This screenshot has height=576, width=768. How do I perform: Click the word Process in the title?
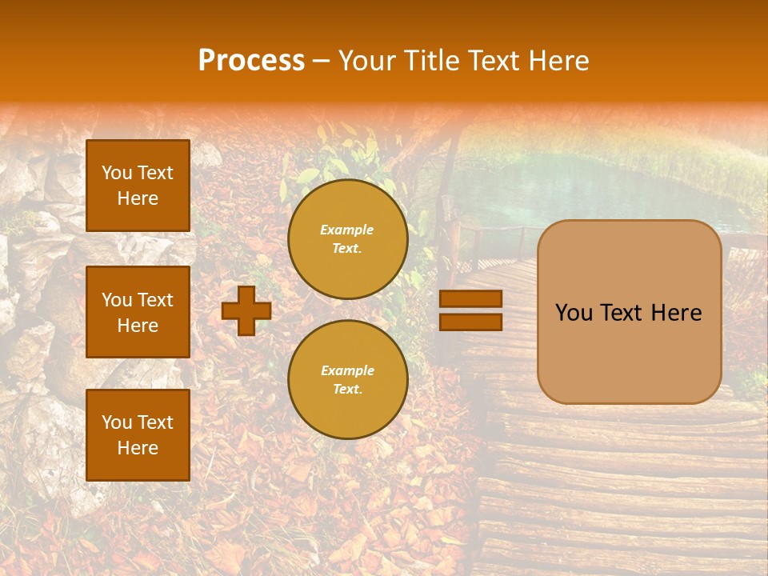[251, 61]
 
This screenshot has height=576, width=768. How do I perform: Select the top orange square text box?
[138, 186]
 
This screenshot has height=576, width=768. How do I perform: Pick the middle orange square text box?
[138, 312]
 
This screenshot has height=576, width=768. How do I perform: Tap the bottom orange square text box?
[138, 435]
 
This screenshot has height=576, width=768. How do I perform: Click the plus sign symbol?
[246, 310]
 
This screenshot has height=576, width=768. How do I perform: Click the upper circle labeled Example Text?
[347, 239]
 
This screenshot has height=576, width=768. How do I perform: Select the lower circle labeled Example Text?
[347, 380]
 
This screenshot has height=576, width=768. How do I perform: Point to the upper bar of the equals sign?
[471, 299]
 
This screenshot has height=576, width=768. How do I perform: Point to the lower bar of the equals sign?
[471, 322]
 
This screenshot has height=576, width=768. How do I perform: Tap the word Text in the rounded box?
[629, 313]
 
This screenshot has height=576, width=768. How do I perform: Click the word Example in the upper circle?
[347, 230]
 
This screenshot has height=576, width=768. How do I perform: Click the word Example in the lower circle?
[347, 370]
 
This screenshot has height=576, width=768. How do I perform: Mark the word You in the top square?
[117, 173]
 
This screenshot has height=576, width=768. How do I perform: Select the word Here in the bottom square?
[138, 448]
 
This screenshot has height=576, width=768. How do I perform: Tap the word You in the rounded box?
[574, 313]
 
